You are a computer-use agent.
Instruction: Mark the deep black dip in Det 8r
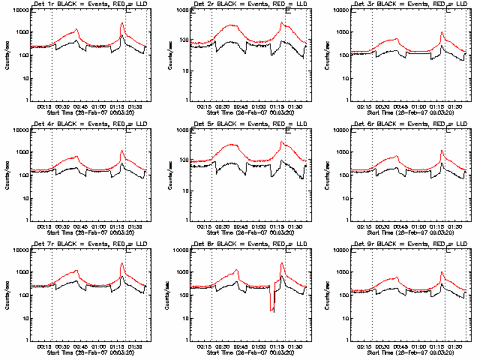point(272,310)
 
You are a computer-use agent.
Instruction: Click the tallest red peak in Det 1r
point(121,23)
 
